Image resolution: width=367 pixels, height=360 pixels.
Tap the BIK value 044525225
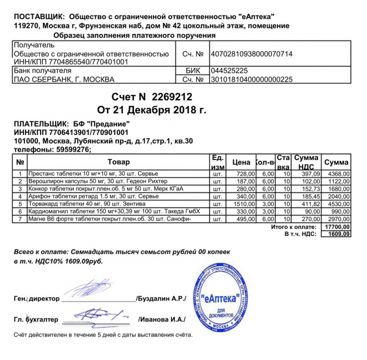229,71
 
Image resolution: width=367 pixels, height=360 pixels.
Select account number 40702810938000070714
251,54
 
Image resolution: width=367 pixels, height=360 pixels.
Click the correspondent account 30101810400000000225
251,79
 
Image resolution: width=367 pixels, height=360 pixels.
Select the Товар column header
118,162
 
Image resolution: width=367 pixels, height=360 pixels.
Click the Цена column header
241,162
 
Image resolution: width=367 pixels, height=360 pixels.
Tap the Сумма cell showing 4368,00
336,174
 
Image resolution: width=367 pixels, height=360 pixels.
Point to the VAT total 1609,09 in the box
337,234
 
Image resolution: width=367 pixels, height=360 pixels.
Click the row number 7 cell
19,219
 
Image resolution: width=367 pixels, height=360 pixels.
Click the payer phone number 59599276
72,149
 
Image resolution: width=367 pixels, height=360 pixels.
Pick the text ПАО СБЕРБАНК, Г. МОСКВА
63,79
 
